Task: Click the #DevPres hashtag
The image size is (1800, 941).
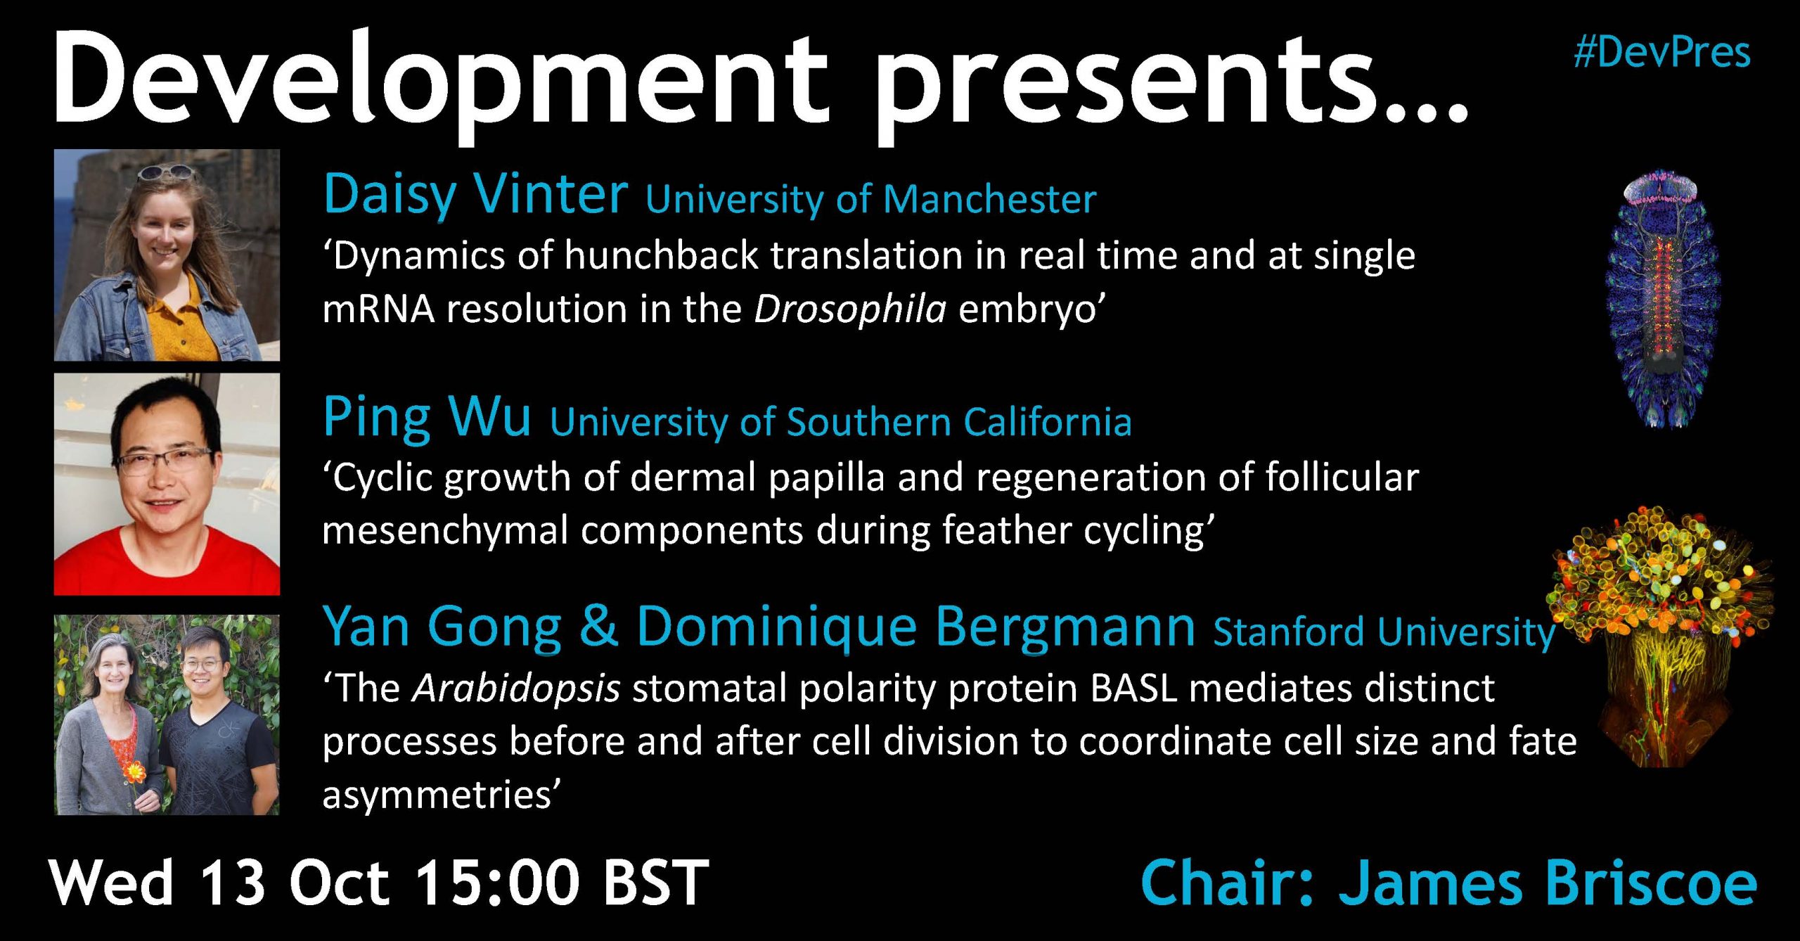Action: (1662, 53)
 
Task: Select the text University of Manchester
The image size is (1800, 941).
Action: (871, 200)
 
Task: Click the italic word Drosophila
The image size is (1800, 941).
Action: (850, 310)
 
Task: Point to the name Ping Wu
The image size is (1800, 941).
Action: (427, 417)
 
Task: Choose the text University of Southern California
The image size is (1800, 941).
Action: (841, 423)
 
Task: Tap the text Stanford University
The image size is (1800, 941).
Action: (1384, 632)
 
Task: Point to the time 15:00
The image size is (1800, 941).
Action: (497, 881)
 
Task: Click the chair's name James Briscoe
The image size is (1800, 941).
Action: (1548, 883)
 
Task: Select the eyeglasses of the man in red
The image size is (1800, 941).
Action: (165, 461)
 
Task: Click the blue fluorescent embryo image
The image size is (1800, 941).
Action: (1662, 298)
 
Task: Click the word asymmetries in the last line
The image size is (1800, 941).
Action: (441, 795)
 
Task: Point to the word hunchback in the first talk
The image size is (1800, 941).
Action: (661, 255)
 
